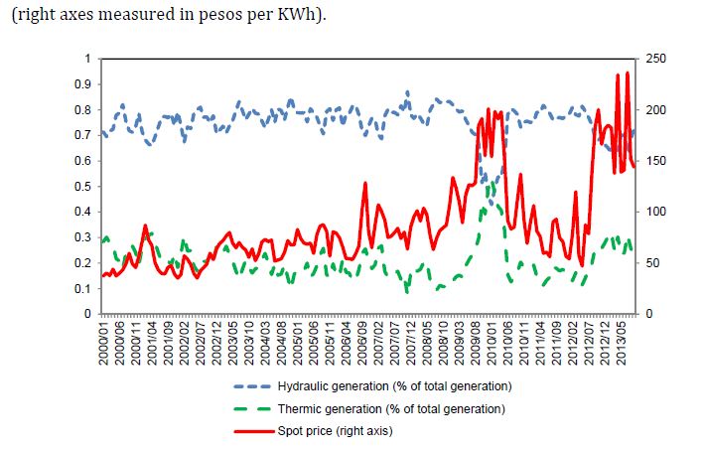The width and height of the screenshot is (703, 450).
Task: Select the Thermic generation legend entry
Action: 387,408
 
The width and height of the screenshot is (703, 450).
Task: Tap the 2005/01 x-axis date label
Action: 299,342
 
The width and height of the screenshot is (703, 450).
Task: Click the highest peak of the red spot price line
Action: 628,73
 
